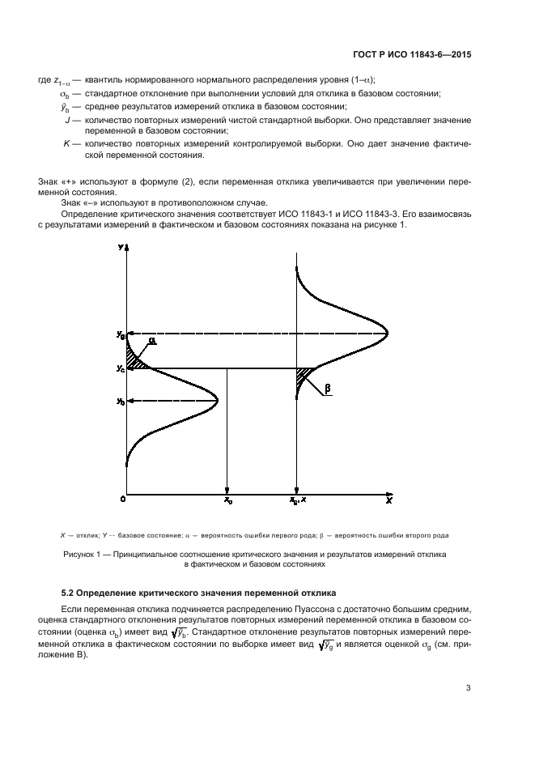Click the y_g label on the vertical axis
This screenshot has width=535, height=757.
[x=120, y=334]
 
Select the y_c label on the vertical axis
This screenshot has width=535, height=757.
[x=120, y=368]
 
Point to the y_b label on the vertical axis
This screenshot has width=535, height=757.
[x=120, y=401]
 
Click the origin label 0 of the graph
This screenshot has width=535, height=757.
[x=122, y=500]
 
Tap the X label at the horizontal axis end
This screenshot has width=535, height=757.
[x=389, y=500]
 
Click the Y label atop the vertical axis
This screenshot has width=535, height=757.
[x=120, y=246]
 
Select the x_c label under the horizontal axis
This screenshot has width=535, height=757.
[x=228, y=501]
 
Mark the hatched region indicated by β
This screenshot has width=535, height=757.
[x=304, y=376]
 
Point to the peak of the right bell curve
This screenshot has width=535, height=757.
[x=387, y=334]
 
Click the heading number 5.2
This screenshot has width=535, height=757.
[x=70, y=593]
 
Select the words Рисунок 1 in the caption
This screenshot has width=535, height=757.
[x=84, y=554]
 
